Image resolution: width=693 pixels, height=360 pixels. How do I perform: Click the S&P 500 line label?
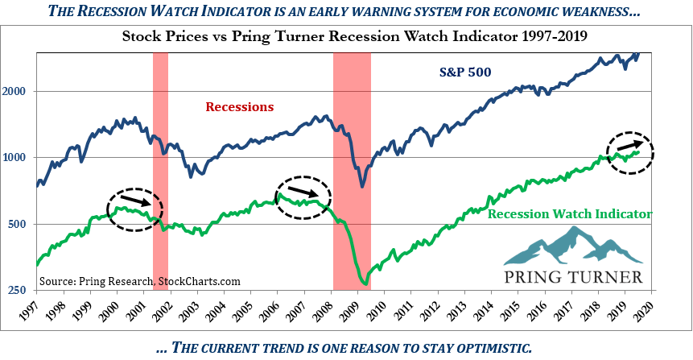click(465, 72)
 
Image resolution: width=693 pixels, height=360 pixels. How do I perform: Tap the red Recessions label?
click(240, 106)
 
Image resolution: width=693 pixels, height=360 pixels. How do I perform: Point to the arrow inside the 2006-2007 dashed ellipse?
click(303, 192)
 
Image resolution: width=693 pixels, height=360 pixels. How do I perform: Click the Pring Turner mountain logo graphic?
click(572, 247)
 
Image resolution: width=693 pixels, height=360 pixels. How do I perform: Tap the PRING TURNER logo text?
click(573, 278)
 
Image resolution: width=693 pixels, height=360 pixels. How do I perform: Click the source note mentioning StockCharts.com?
click(138, 281)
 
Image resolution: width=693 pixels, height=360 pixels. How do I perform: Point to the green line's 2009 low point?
click(365, 284)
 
